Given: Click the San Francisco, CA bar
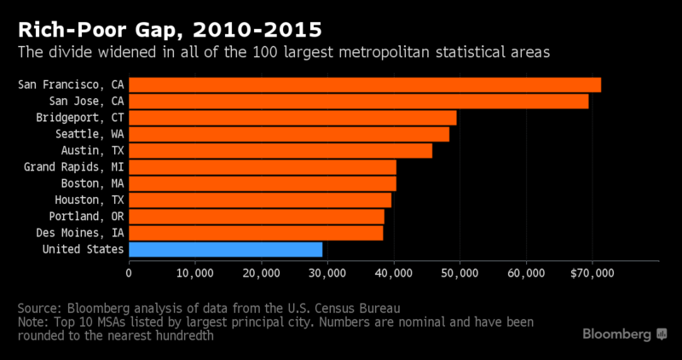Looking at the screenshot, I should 365,84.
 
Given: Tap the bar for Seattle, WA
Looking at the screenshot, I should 289,134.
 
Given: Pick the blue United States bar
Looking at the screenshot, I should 225,249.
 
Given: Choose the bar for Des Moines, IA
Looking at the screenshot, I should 256,232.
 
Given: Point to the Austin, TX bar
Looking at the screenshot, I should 280,150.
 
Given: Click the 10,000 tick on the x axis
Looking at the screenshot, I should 194,273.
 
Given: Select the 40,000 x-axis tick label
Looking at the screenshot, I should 393,273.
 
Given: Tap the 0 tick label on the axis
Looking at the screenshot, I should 129,273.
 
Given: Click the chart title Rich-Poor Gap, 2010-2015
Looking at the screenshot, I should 168,27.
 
